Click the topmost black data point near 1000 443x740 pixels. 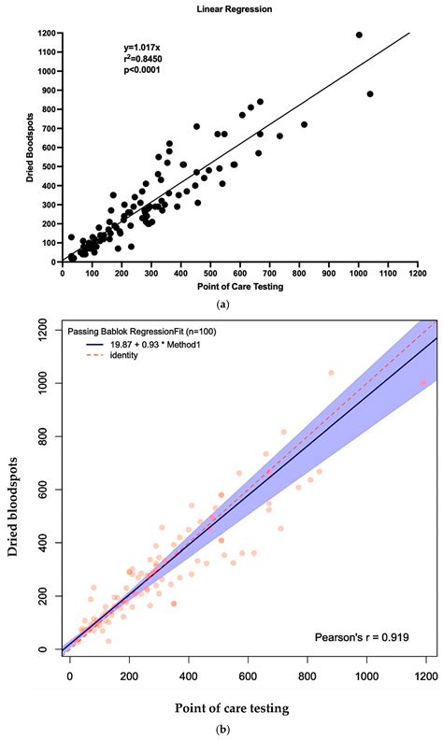pyautogui.click(x=359, y=35)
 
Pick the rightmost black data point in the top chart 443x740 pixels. pyautogui.click(x=370, y=94)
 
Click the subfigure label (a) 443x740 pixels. pyautogui.click(x=221, y=305)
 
